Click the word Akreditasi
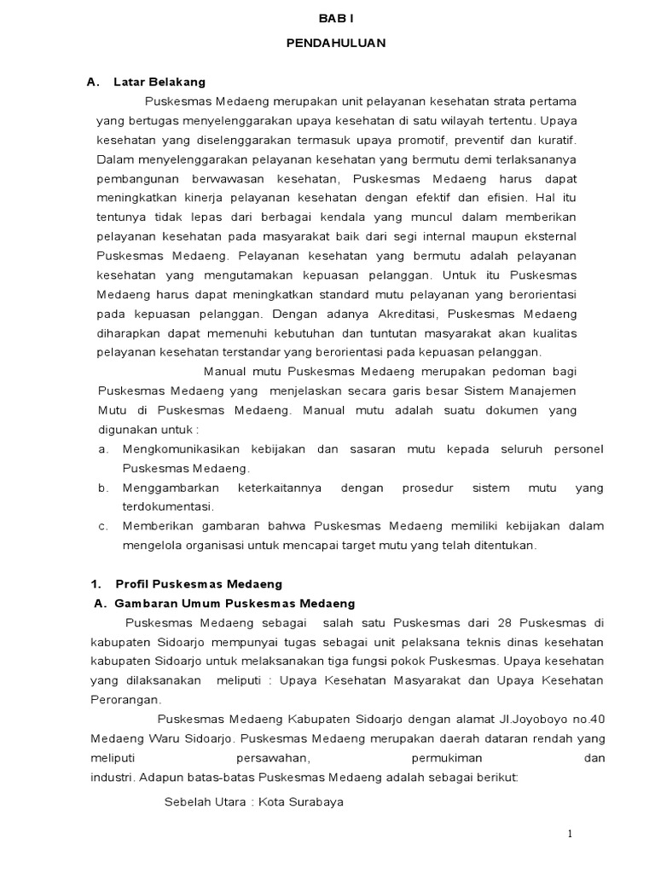point(404,313)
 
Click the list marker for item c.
point(102,527)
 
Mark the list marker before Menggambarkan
point(102,488)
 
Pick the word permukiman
point(434,757)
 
